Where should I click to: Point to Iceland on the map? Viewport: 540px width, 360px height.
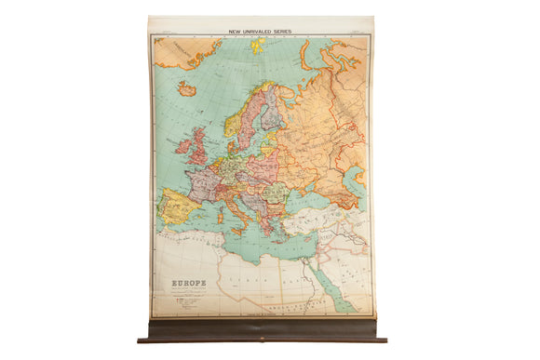(x=186, y=89)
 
